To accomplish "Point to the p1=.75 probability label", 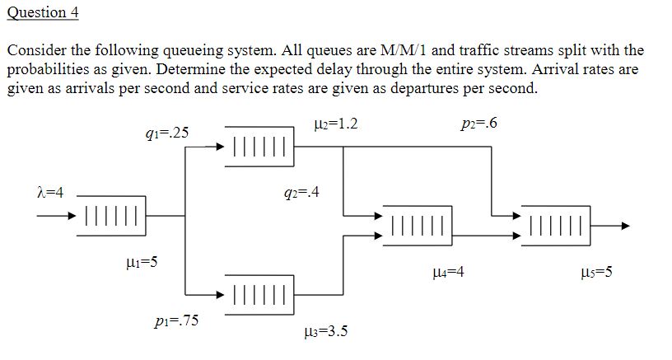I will tap(175, 320).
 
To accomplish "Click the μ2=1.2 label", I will tap(335, 124).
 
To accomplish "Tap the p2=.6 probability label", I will tap(480, 124).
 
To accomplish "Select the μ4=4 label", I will tap(448, 271).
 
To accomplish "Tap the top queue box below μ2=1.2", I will tap(259, 147).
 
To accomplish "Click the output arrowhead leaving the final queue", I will tap(626, 225).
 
